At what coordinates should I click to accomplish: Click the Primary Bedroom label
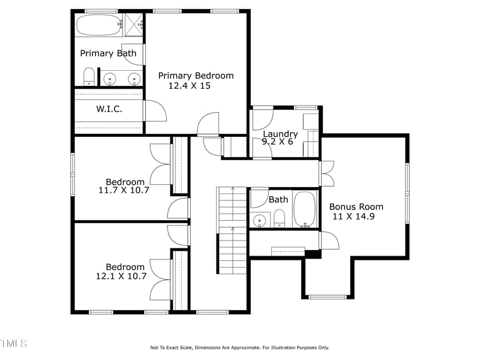(196, 76)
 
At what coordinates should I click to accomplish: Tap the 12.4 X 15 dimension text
(189, 86)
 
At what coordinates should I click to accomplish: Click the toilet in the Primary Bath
(89, 77)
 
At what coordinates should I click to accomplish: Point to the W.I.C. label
(109, 109)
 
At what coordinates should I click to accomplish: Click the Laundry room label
(280, 134)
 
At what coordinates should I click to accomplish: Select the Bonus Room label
(356, 206)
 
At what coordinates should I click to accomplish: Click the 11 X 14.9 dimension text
(353, 217)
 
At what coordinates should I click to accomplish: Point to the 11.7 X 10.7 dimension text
(124, 190)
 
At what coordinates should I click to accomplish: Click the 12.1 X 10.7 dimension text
(121, 277)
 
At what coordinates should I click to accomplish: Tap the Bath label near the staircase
(278, 199)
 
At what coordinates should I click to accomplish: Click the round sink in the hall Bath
(259, 221)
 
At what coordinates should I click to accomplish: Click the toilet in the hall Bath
(280, 220)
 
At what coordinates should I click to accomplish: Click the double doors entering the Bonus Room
(327, 173)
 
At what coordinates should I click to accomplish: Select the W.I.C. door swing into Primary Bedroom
(155, 110)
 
